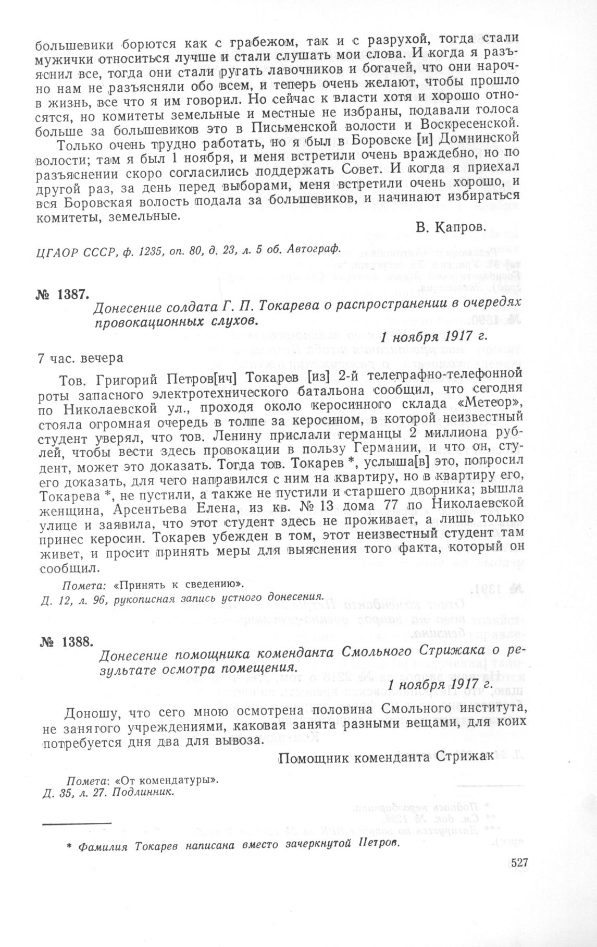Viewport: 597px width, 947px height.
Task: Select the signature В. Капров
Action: (x=451, y=227)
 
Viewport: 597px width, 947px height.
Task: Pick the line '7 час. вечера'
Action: (x=81, y=358)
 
